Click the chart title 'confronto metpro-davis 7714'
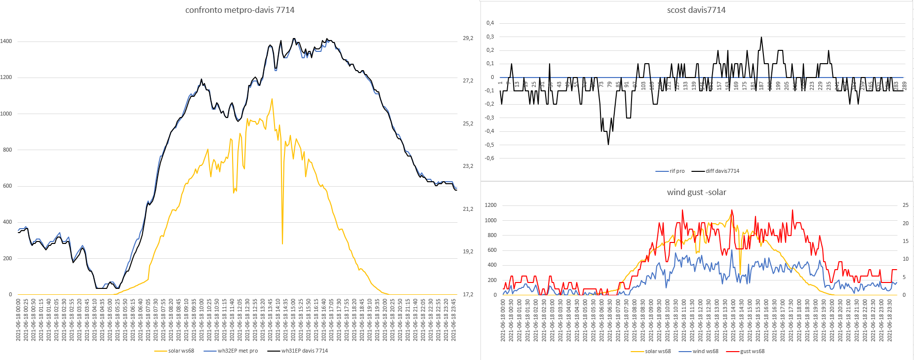click(x=239, y=10)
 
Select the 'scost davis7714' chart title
click(x=696, y=10)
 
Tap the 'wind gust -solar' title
click(x=696, y=192)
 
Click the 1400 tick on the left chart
click(x=6, y=41)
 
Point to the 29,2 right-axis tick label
click(x=468, y=38)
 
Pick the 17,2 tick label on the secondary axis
click(x=468, y=294)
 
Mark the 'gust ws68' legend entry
click(x=752, y=352)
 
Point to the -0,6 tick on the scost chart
click(x=489, y=159)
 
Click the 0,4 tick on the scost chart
click(x=490, y=23)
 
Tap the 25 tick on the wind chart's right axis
click(x=905, y=205)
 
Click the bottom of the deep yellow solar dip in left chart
click(x=282, y=243)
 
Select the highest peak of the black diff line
click(x=761, y=37)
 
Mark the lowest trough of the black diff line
click(x=608, y=144)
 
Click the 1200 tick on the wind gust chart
click(x=490, y=205)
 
